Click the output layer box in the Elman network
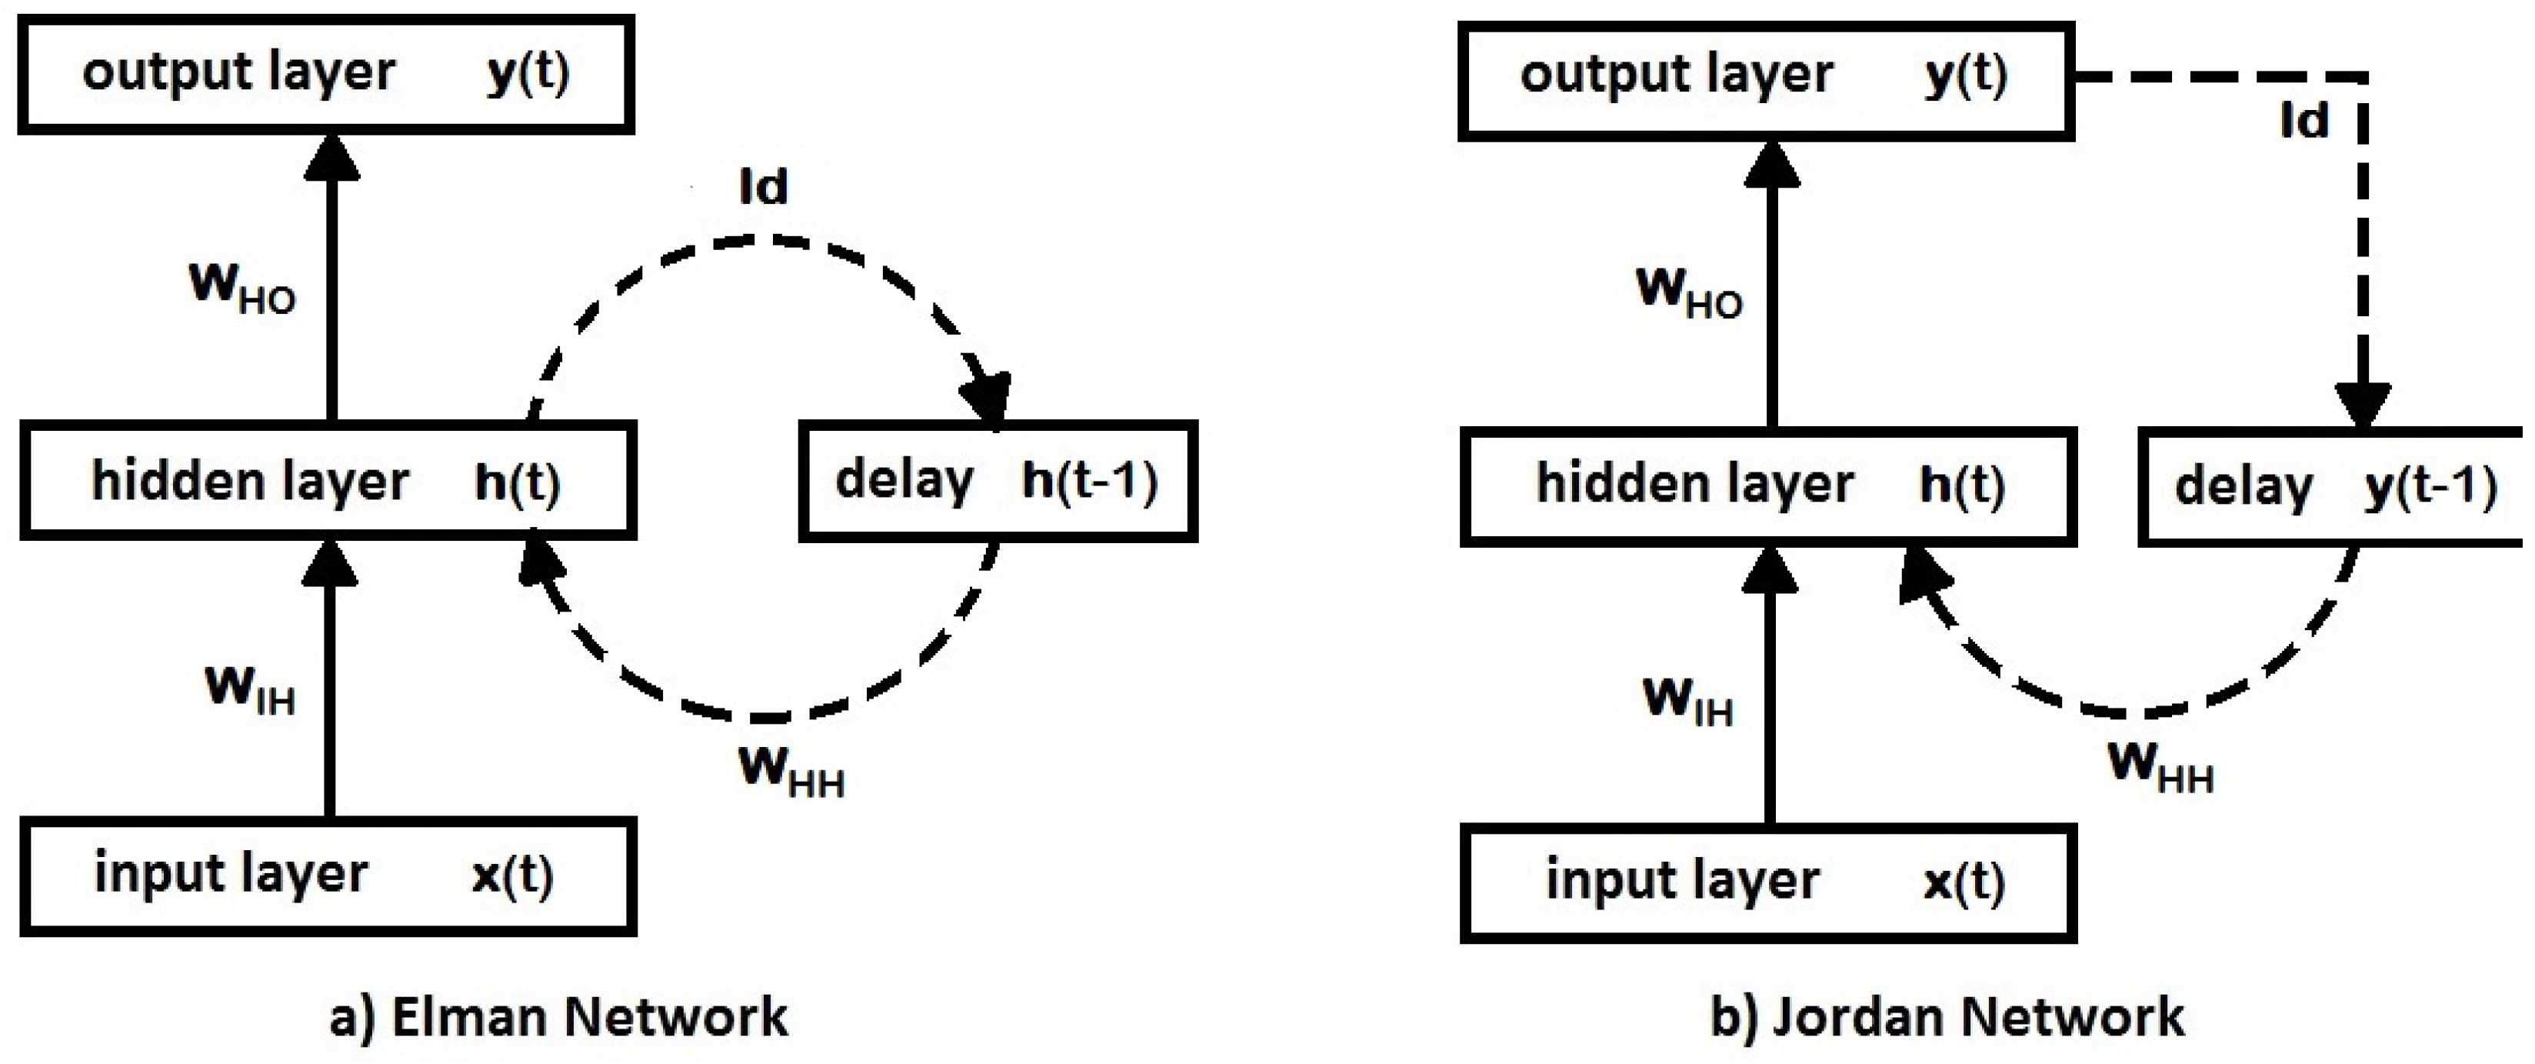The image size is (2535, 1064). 326,74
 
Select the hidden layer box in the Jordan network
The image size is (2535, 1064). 1768,486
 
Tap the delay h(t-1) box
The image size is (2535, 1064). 997,482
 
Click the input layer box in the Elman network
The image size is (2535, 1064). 328,876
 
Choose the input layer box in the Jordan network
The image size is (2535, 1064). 1768,883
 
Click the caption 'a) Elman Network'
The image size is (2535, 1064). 558,1017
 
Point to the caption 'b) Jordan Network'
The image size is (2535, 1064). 1947,1017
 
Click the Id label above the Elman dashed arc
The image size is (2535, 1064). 764,186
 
